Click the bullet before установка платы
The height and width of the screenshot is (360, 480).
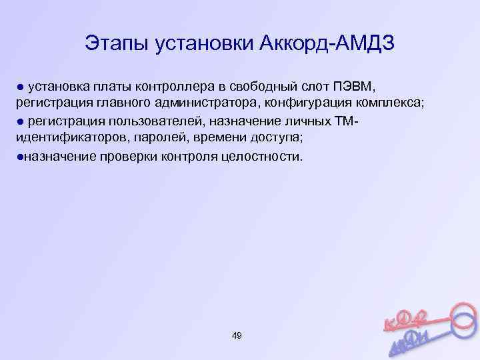(20, 87)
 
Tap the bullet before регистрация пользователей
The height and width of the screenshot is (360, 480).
(20, 121)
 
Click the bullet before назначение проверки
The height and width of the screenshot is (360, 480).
(20, 156)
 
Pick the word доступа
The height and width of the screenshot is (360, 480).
(277, 138)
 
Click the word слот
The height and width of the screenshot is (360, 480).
(312, 86)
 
